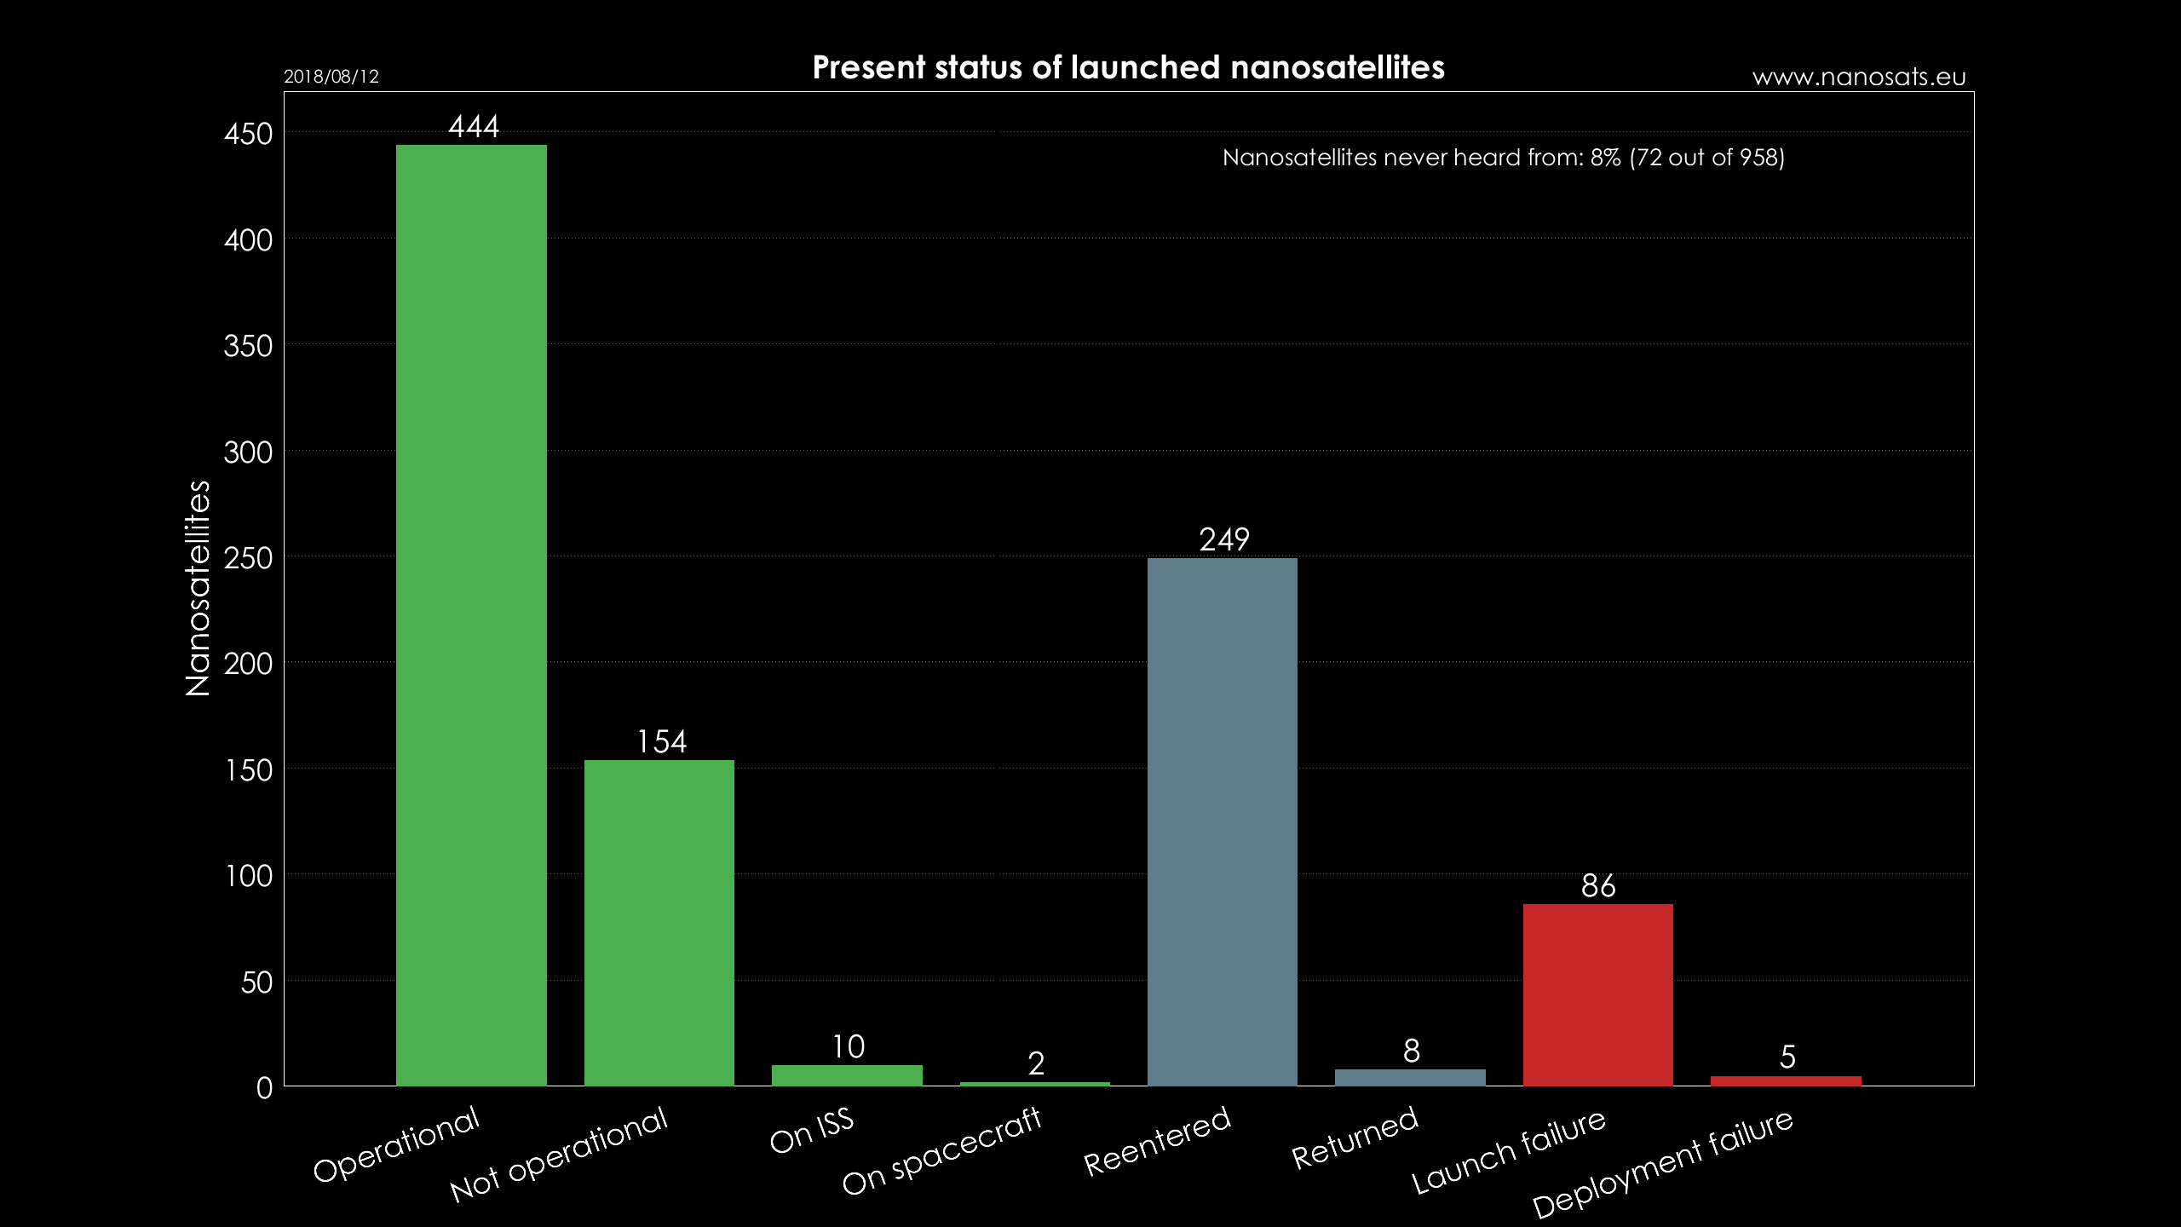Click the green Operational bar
coord(471,613)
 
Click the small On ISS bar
coord(847,1075)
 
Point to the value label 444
coord(474,127)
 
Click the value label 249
coord(1224,539)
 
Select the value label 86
coord(1598,886)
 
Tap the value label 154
coord(662,741)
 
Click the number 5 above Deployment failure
coord(1787,1057)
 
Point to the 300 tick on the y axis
coord(248,452)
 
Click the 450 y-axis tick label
coord(248,134)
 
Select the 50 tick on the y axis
coord(256,982)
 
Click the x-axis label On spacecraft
coord(941,1150)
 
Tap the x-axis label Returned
coord(1355,1138)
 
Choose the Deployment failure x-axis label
coord(1663,1164)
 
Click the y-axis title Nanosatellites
coord(198,588)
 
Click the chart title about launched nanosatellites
coord(1128,67)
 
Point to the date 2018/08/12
coord(331,77)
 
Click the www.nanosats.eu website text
coord(1859,78)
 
